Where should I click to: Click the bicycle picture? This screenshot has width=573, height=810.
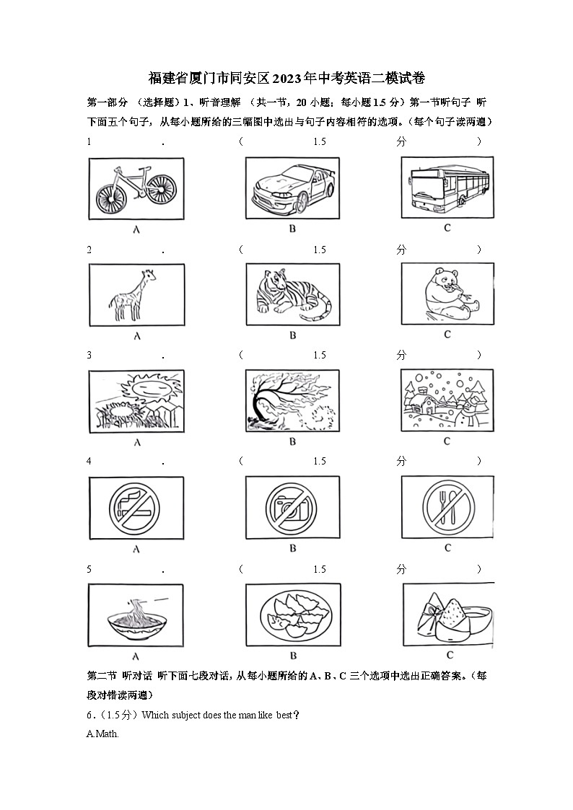click(136, 188)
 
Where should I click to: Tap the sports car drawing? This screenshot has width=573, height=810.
click(292, 188)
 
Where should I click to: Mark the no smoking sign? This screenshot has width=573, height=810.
click(136, 507)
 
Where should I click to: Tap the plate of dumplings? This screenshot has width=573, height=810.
click(292, 615)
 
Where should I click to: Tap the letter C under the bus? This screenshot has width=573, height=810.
click(447, 228)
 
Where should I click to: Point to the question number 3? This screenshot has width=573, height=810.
click(89, 355)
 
